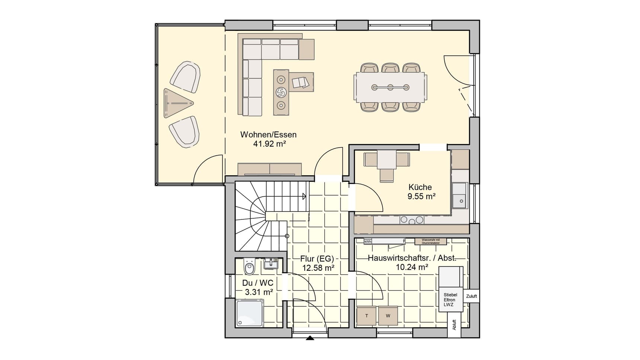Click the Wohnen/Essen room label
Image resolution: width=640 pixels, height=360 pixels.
tap(268, 135)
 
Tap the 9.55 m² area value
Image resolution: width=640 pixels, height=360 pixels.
tap(421, 196)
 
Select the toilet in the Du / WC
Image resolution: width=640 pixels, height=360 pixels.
tap(249, 267)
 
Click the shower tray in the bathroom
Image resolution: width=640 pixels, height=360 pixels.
tap(250, 314)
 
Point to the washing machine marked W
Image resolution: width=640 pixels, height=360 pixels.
tap(388, 316)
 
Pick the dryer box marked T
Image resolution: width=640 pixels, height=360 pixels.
tap(367, 316)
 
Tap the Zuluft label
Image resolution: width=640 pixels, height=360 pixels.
tap(471, 296)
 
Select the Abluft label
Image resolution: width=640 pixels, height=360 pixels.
tap(454, 325)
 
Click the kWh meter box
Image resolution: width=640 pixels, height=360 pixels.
tap(368, 242)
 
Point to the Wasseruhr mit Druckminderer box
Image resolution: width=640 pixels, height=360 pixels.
tap(431, 241)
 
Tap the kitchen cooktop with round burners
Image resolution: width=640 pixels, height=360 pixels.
tap(412, 220)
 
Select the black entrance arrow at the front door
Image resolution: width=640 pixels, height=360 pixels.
tap(310, 338)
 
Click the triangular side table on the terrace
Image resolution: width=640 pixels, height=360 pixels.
tap(177, 103)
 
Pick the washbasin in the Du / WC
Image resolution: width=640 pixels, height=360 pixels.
tap(271, 264)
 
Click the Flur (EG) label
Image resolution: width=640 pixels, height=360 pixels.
tap(317, 259)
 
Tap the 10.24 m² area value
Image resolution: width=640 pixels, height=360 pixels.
tap(412, 267)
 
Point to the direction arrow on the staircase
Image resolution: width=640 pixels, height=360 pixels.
tap(304, 196)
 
